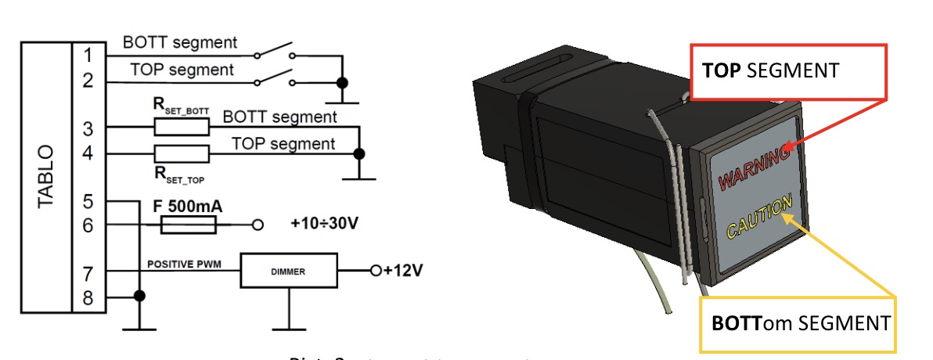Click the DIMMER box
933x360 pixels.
pyautogui.click(x=289, y=272)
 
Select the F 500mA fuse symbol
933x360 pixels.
pyautogui.click(x=188, y=225)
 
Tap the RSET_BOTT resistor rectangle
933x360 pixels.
pyautogui.click(x=182, y=127)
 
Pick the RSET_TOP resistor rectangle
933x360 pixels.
pyautogui.click(x=182, y=153)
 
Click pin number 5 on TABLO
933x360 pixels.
pyautogui.click(x=88, y=202)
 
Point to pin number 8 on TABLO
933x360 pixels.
pyautogui.click(x=88, y=297)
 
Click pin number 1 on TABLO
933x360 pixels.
pyautogui.click(x=88, y=56)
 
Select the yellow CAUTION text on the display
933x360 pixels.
pyautogui.click(x=758, y=216)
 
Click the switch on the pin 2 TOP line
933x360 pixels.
pyautogui.click(x=274, y=77)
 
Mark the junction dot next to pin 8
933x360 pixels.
pyautogui.click(x=139, y=296)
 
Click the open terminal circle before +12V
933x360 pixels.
pyautogui.click(x=376, y=272)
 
